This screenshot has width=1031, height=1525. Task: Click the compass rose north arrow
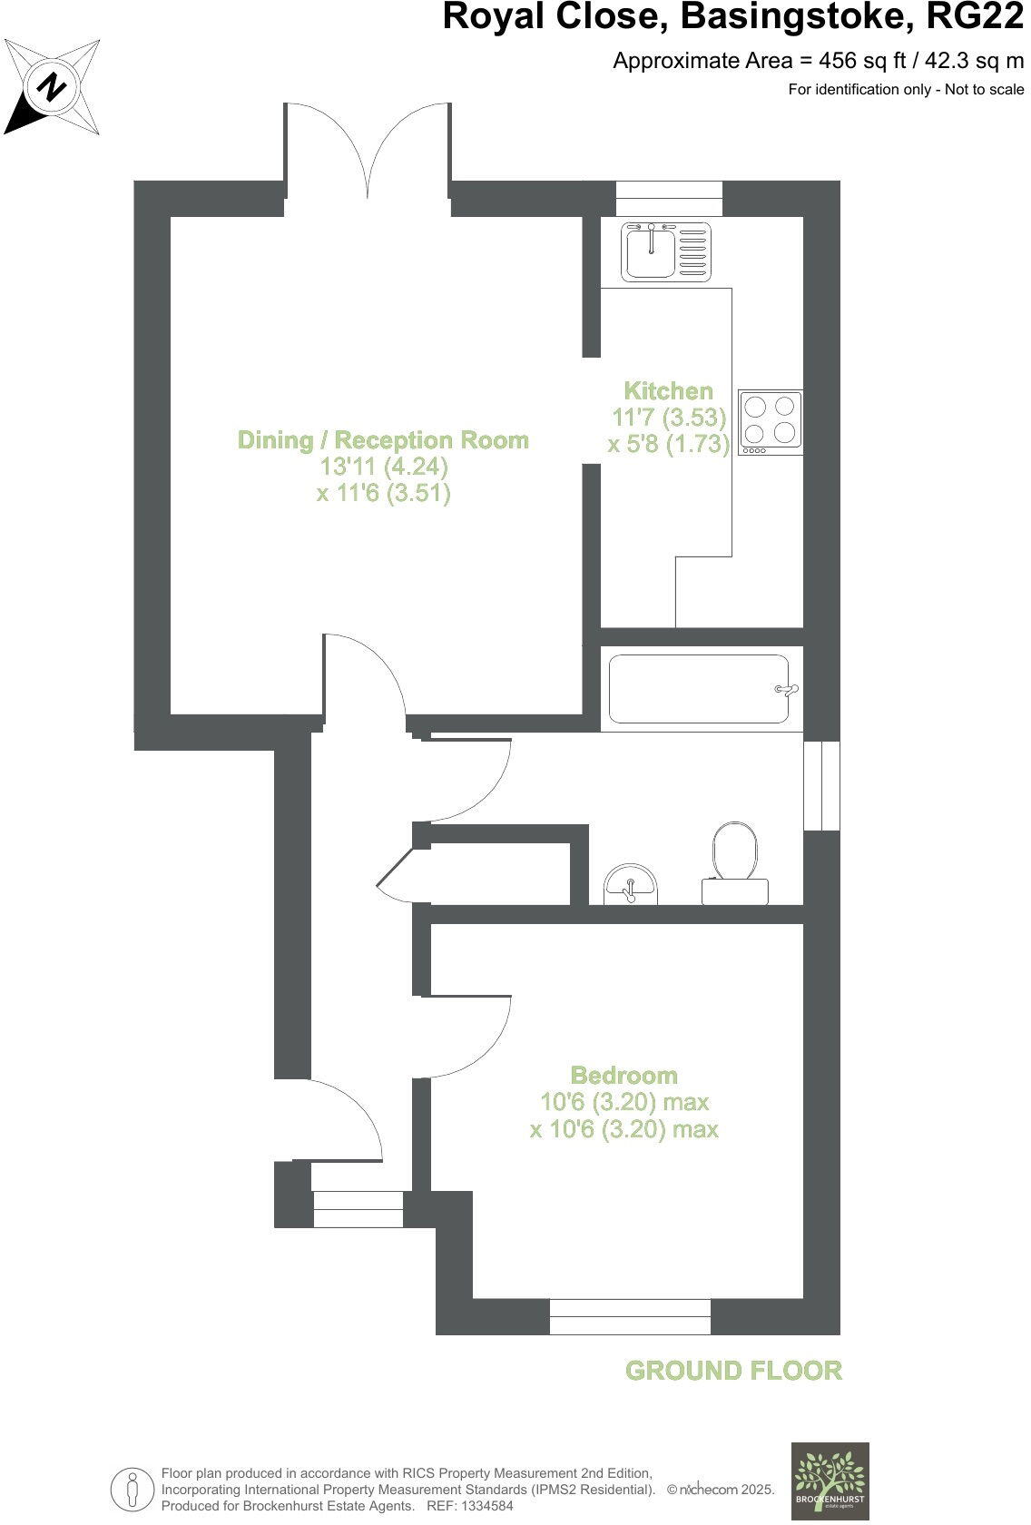[x=52, y=87]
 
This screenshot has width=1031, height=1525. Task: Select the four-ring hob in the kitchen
[x=771, y=422]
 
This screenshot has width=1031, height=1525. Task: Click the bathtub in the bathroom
[x=698, y=689]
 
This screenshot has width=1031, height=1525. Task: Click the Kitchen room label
[x=668, y=391]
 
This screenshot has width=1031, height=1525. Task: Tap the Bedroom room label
[x=624, y=1076]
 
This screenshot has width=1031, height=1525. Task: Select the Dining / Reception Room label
[x=383, y=440]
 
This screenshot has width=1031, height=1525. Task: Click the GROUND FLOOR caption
[x=733, y=1371]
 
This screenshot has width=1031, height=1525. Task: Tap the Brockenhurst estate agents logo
[x=830, y=1480]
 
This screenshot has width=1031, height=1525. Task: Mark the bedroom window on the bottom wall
[x=630, y=1316]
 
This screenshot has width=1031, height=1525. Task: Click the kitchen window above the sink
[x=669, y=198]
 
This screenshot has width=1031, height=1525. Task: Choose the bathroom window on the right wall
[x=822, y=785]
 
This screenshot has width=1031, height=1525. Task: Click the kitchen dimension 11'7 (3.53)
[x=670, y=418]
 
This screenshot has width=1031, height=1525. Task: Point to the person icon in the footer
[x=133, y=1489]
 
